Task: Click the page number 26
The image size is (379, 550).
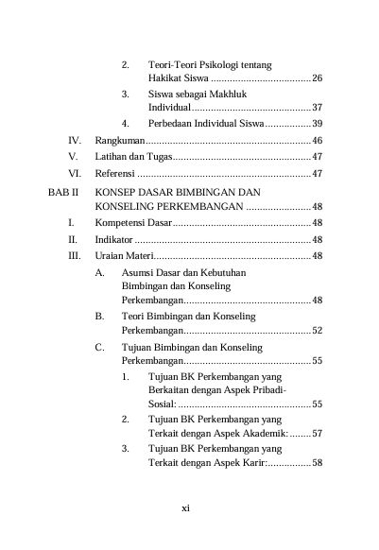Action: (x=318, y=77)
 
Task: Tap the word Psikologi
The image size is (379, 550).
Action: (x=218, y=64)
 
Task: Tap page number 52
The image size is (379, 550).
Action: (x=318, y=332)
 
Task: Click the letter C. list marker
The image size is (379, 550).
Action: (x=100, y=348)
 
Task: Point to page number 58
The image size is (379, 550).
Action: (x=318, y=463)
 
